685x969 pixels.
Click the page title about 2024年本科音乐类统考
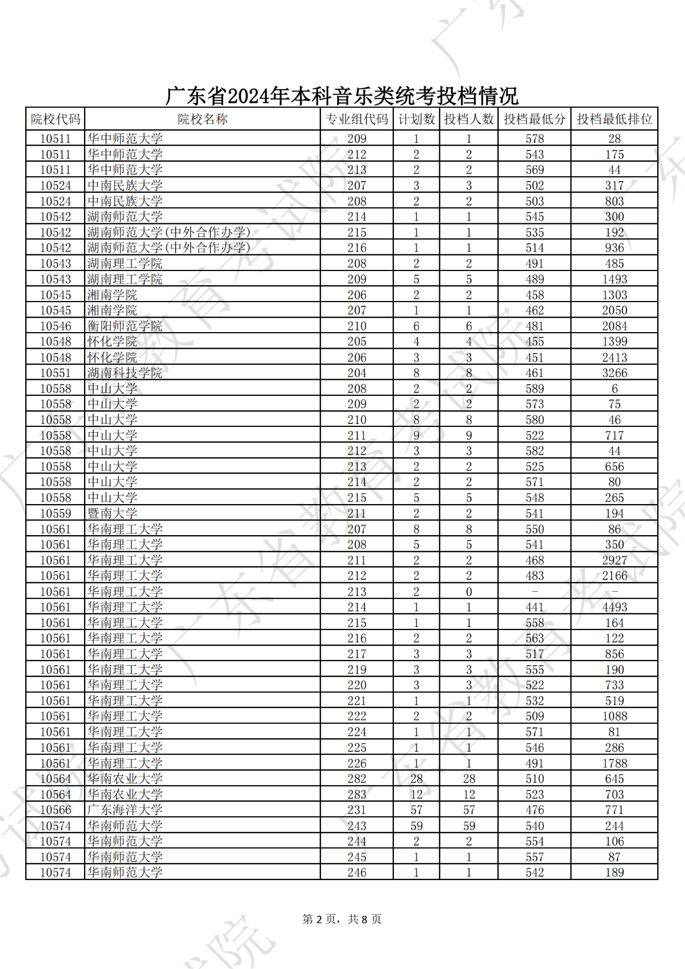click(342, 96)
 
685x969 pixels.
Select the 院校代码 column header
click(55, 119)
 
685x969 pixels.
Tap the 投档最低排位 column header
click(614, 119)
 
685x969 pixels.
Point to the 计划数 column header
click(416, 119)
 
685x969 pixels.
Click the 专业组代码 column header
click(357, 119)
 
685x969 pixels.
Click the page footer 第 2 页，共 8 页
click(342, 919)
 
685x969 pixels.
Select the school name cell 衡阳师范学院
click(125, 326)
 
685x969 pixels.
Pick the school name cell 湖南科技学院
click(125, 373)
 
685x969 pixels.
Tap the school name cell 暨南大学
click(112, 513)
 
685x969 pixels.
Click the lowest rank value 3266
click(614, 373)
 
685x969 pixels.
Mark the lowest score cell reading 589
click(535, 389)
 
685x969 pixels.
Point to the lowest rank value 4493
click(614, 607)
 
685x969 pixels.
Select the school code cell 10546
click(55, 326)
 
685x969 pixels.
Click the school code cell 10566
click(55, 810)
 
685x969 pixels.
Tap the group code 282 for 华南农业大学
click(357, 779)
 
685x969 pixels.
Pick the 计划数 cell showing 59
click(416, 826)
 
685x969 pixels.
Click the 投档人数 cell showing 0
click(469, 591)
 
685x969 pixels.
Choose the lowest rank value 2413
click(614, 357)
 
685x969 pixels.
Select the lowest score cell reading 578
click(535, 139)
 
